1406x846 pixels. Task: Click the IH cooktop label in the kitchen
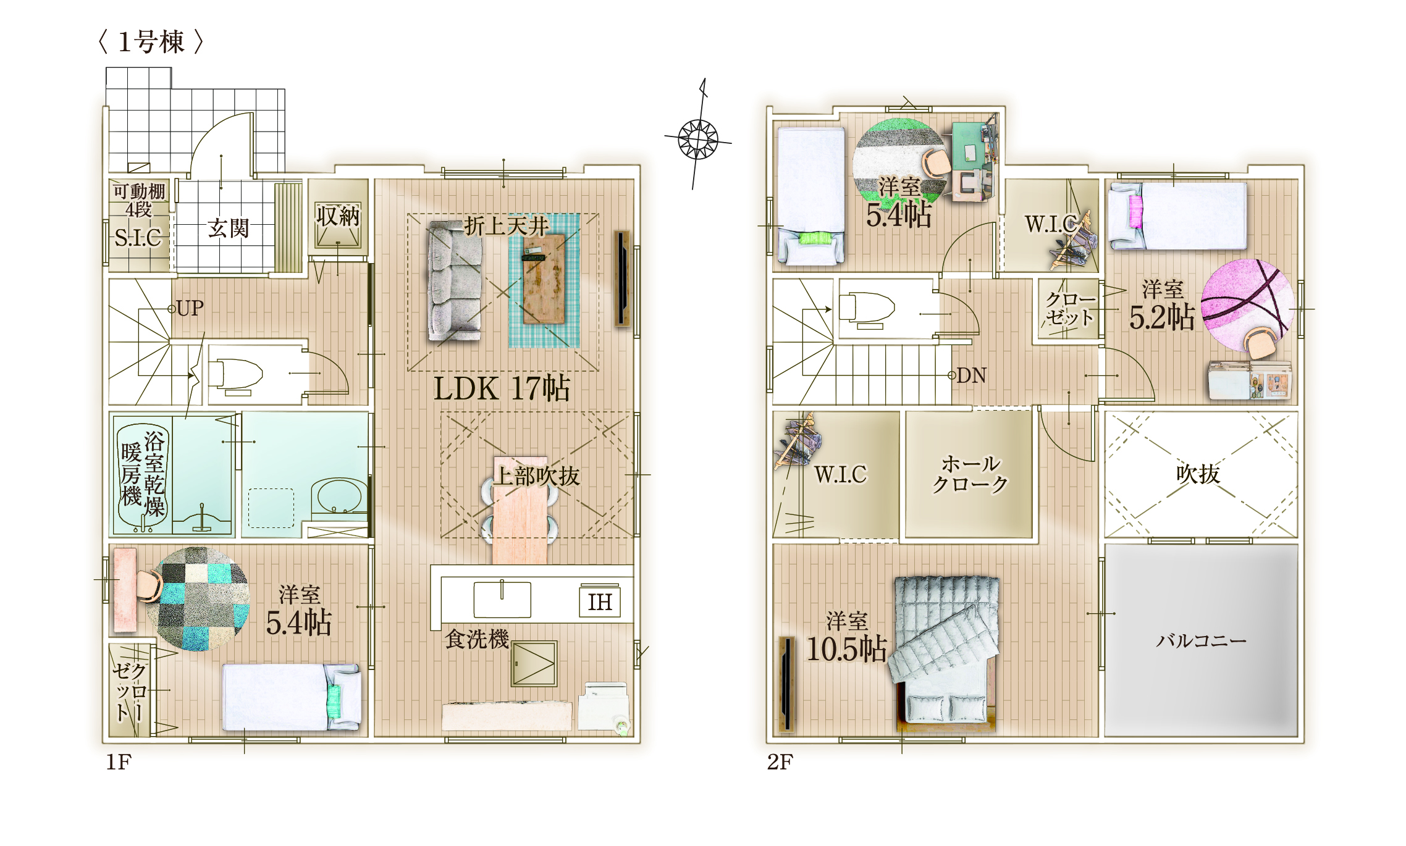coord(600,601)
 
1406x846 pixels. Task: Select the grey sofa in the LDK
coord(455,281)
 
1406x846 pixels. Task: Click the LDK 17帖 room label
coord(501,388)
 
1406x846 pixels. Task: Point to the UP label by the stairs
coord(190,308)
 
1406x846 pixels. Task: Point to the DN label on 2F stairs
coord(971,375)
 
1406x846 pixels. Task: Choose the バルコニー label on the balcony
coord(1201,640)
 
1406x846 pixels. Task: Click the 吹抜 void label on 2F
coord(1198,474)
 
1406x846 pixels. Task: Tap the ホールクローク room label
coord(970,474)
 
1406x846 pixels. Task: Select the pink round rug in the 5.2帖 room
coord(1247,305)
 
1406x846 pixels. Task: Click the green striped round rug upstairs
coord(899,162)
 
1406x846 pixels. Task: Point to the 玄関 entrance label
coord(228,228)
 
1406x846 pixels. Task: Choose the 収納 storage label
coord(337,216)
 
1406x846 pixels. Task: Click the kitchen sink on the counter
coord(502,599)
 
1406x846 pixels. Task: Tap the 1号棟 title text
coord(151,42)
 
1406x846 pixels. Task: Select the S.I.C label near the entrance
coord(138,238)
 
